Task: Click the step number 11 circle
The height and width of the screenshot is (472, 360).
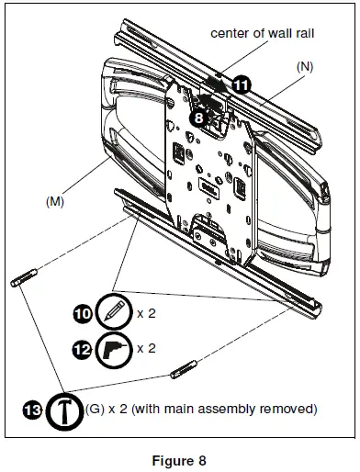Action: click(x=241, y=82)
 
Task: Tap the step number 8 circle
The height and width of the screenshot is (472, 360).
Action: click(x=198, y=118)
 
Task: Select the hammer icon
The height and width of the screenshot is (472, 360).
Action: click(x=63, y=410)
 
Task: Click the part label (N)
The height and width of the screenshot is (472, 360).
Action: click(x=305, y=67)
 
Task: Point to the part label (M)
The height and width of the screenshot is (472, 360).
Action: click(x=57, y=200)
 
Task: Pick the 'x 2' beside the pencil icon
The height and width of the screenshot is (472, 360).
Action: click(x=146, y=313)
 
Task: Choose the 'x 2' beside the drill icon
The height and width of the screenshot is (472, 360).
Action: click(x=146, y=349)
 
